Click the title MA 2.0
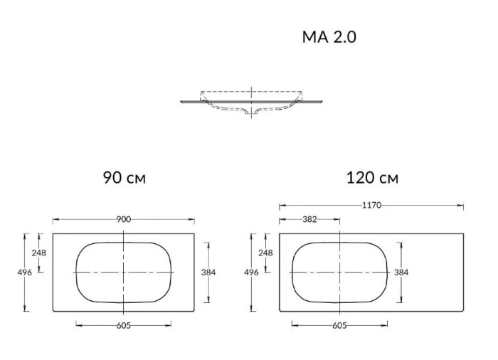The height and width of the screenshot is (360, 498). point(329,38)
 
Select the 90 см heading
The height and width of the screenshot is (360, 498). point(124,177)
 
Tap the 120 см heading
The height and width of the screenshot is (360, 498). point(372,177)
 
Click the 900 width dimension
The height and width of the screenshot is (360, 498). point(123,220)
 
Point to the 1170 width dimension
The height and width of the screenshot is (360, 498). point(371,206)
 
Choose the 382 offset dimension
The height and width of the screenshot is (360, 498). point(309,220)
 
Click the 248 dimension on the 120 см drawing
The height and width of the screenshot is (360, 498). point(265,253)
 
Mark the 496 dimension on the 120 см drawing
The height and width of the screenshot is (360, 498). point(250,272)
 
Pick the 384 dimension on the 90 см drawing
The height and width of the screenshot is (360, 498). point(208,272)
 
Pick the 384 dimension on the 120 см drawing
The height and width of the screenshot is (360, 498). point(401,272)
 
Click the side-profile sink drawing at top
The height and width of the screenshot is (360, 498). point(252,102)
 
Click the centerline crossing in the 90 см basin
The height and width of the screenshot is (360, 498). point(124,272)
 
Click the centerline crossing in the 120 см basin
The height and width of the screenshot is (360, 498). point(339,272)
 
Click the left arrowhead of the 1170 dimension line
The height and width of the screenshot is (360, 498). point(281,206)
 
